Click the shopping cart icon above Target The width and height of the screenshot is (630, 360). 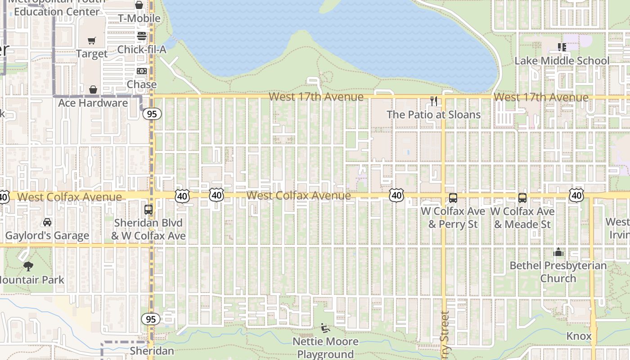point(92,41)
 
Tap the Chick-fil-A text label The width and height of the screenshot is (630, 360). point(142,49)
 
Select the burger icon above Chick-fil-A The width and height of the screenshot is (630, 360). point(142,36)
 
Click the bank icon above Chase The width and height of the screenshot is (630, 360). point(142,71)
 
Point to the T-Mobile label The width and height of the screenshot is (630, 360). point(139,18)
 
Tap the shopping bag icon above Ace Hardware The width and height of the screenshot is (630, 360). point(93,90)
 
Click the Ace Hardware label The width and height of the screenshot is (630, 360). point(93,103)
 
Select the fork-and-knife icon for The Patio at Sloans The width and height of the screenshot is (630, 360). point(434,101)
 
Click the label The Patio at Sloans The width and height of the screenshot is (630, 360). point(434,115)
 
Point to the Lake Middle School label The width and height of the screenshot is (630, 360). point(562,61)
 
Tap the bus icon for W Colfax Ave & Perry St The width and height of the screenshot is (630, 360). point(453,198)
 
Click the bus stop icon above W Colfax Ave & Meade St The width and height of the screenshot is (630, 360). point(522,198)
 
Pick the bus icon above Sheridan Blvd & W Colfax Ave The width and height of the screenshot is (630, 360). point(148,209)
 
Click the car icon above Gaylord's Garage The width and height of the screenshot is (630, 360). point(47,222)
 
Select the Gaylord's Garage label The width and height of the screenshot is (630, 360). point(47,236)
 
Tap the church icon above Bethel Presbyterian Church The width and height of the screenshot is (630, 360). point(558,252)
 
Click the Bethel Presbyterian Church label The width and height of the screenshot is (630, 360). point(558,272)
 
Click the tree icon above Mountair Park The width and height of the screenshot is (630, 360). point(28,266)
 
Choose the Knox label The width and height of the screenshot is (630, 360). point(579,336)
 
